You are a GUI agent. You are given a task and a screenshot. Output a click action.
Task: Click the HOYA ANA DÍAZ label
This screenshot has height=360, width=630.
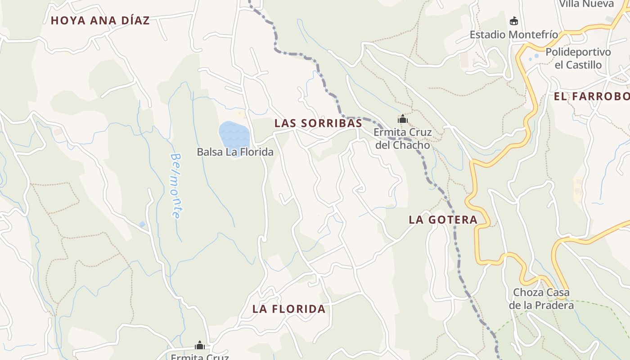click(100, 21)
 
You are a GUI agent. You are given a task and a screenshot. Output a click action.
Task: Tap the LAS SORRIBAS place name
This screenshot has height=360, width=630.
click(318, 123)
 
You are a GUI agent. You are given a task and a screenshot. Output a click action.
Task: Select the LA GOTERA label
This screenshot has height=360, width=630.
click(443, 220)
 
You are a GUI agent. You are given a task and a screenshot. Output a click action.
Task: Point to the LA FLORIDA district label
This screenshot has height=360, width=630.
click(288, 309)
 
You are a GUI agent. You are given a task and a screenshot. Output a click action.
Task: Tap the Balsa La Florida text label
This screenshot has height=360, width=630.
click(235, 152)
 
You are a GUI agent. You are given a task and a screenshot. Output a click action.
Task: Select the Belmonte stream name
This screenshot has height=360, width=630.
click(177, 185)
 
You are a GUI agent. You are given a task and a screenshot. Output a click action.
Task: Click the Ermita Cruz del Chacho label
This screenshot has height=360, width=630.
click(402, 139)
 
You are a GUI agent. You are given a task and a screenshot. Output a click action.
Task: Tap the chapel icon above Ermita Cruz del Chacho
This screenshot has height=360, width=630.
click(402, 119)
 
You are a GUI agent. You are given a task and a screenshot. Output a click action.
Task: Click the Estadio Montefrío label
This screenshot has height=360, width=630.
click(513, 35)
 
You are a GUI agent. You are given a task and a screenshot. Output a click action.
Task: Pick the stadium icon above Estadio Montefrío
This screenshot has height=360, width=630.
click(513, 21)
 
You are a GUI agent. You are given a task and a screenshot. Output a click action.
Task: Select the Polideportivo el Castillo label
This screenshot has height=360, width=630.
click(578, 58)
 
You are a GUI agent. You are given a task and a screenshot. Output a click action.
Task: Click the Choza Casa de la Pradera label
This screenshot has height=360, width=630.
click(541, 299)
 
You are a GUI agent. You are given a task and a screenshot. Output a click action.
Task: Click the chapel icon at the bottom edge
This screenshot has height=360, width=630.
click(200, 346)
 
